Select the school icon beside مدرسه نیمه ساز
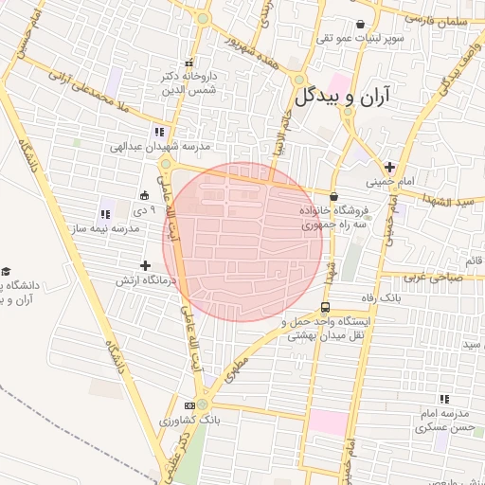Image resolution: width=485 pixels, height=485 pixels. tap(104, 214)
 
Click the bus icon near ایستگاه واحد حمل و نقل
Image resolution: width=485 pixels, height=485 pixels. tap(325, 308)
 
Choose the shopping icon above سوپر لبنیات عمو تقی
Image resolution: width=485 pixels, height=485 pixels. tap(360, 25)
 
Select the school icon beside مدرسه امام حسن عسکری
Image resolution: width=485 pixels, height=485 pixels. tap(444, 400)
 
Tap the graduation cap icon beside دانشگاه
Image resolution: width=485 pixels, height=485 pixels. tap(6, 273)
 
